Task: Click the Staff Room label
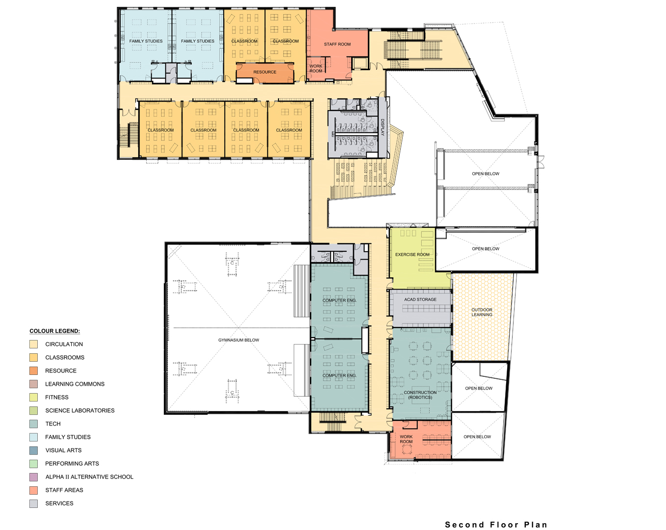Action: (337, 44)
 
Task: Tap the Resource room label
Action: (265, 72)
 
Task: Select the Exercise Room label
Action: (412, 254)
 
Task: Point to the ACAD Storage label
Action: (420, 299)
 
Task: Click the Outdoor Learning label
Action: (482, 312)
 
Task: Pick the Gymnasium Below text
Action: (239, 340)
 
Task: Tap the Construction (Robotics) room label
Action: (420, 395)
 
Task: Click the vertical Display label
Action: (382, 127)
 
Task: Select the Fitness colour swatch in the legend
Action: (33, 397)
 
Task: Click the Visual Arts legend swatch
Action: (33, 450)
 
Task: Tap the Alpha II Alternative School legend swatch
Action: (33, 477)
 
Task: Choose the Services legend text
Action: (59, 503)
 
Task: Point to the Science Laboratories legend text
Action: (80, 410)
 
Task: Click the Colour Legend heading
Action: (54, 331)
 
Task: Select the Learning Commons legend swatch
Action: (33, 384)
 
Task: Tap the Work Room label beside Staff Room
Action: (316, 68)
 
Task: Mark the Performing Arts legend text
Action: (72, 463)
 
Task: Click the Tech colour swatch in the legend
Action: (33, 424)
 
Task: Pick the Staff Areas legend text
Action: (64, 490)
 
